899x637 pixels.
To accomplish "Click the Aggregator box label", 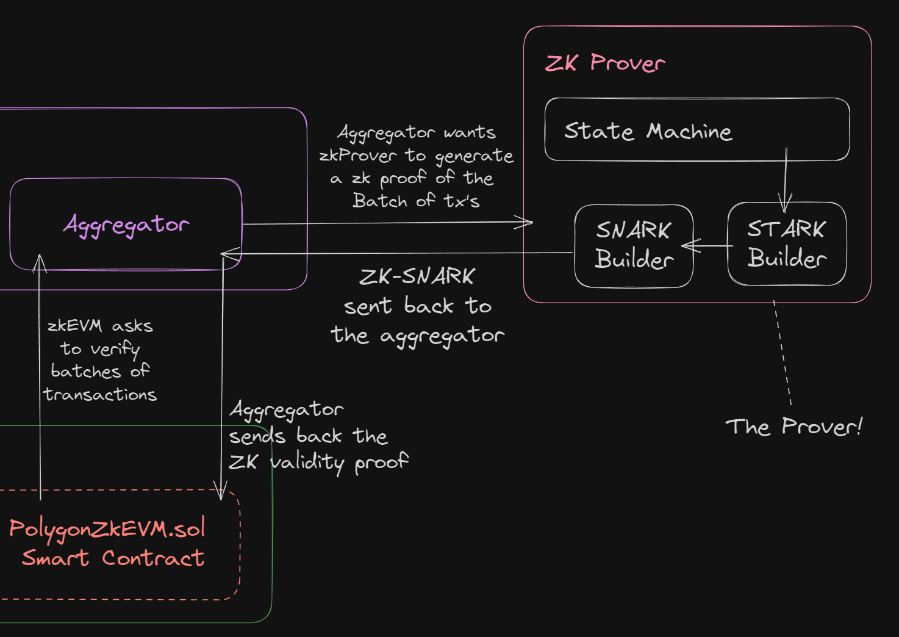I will [126, 225].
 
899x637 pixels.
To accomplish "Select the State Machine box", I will [697, 130].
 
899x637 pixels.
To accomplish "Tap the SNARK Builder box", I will [634, 245].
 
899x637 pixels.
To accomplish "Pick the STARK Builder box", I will [787, 244].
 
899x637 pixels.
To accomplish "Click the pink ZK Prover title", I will [604, 63].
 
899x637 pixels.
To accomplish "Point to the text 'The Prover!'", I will [793, 426].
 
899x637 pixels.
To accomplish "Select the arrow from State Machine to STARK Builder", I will [786, 177].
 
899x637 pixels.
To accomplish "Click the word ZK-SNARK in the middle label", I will [417, 276].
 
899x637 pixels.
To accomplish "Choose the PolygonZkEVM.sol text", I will [107, 529].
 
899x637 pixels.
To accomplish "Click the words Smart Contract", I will [113, 558].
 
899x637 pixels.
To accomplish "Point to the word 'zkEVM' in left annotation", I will [74, 326].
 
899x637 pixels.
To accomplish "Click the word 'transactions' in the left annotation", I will [100, 395].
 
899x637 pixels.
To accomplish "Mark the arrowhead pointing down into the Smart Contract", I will [221, 492].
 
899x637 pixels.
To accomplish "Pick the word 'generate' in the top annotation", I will [474, 156].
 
